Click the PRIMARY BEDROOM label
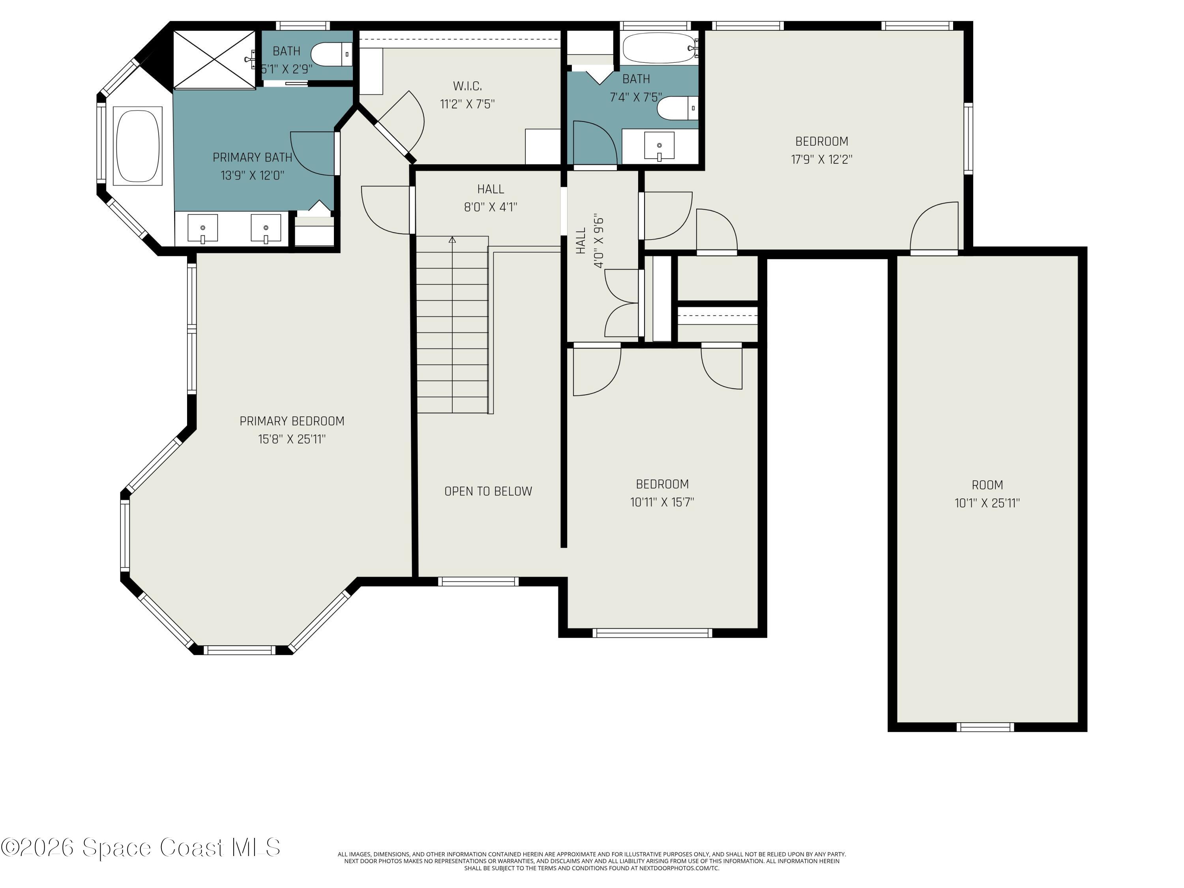(x=292, y=421)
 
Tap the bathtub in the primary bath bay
(x=139, y=146)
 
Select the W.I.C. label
(x=467, y=86)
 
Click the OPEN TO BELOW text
(x=488, y=491)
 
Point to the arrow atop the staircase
(x=452, y=240)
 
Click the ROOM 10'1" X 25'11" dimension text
(x=987, y=503)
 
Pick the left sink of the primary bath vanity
(x=202, y=229)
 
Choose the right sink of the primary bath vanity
(x=266, y=229)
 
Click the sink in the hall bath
(x=659, y=146)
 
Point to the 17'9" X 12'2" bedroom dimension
(x=822, y=159)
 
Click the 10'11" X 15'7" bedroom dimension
(x=662, y=502)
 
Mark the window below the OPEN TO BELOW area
(x=478, y=581)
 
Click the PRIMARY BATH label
(x=252, y=157)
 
